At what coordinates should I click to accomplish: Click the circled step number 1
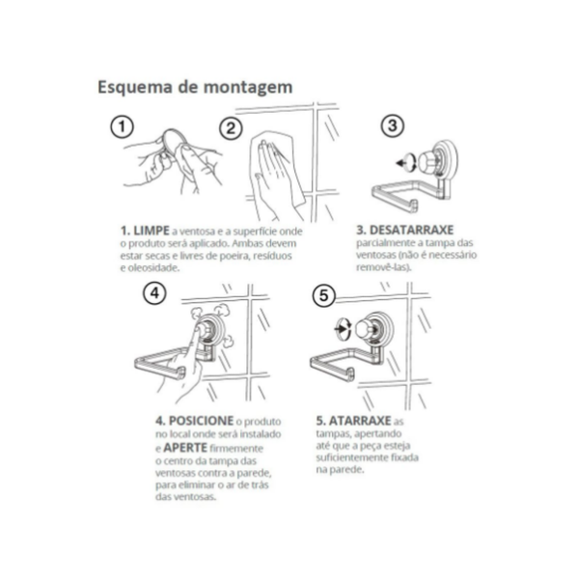coord(122,127)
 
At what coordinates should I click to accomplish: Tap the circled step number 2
coord(232,128)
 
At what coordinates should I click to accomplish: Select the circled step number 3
coord(393,125)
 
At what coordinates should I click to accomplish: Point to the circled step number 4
coord(154,293)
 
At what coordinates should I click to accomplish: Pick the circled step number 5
coord(324,295)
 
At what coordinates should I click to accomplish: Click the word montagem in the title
coord(248,88)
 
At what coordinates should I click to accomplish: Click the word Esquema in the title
coord(135,87)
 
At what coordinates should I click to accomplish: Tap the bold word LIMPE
coord(152,231)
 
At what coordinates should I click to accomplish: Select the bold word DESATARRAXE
coord(411,230)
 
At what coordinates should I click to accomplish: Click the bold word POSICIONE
coord(201,421)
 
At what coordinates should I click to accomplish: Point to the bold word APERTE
coord(185,448)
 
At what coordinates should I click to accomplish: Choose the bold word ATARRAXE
coord(360,421)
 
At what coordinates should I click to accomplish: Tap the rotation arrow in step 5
coord(343,328)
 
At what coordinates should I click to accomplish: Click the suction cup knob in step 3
coord(428,162)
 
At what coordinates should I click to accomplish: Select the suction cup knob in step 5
coord(366,330)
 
